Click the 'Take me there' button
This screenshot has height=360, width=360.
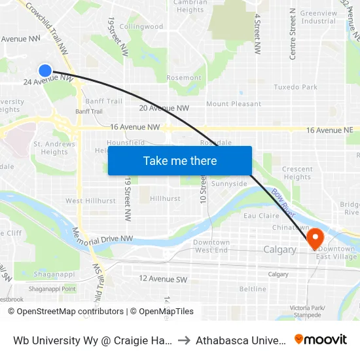click(x=180, y=160)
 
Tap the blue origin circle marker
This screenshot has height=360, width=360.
click(x=45, y=71)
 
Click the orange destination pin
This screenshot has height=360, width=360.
click(x=315, y=238)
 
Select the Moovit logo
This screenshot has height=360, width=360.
click(x=321, y=339)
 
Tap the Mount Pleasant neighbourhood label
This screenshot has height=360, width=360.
click(x=234, y=104)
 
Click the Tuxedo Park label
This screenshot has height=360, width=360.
click(x=295, y=87)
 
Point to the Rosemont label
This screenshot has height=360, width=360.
click(x=184, y=78)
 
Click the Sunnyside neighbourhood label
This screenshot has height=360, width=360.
click(x=229, y=184)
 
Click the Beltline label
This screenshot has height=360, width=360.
click(x=253, y=289)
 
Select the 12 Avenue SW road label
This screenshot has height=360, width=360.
click(x=163, y=278)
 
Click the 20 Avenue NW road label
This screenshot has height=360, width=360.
click(x=164, y=108)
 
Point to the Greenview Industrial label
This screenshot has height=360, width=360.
click(x=319, y=17)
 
